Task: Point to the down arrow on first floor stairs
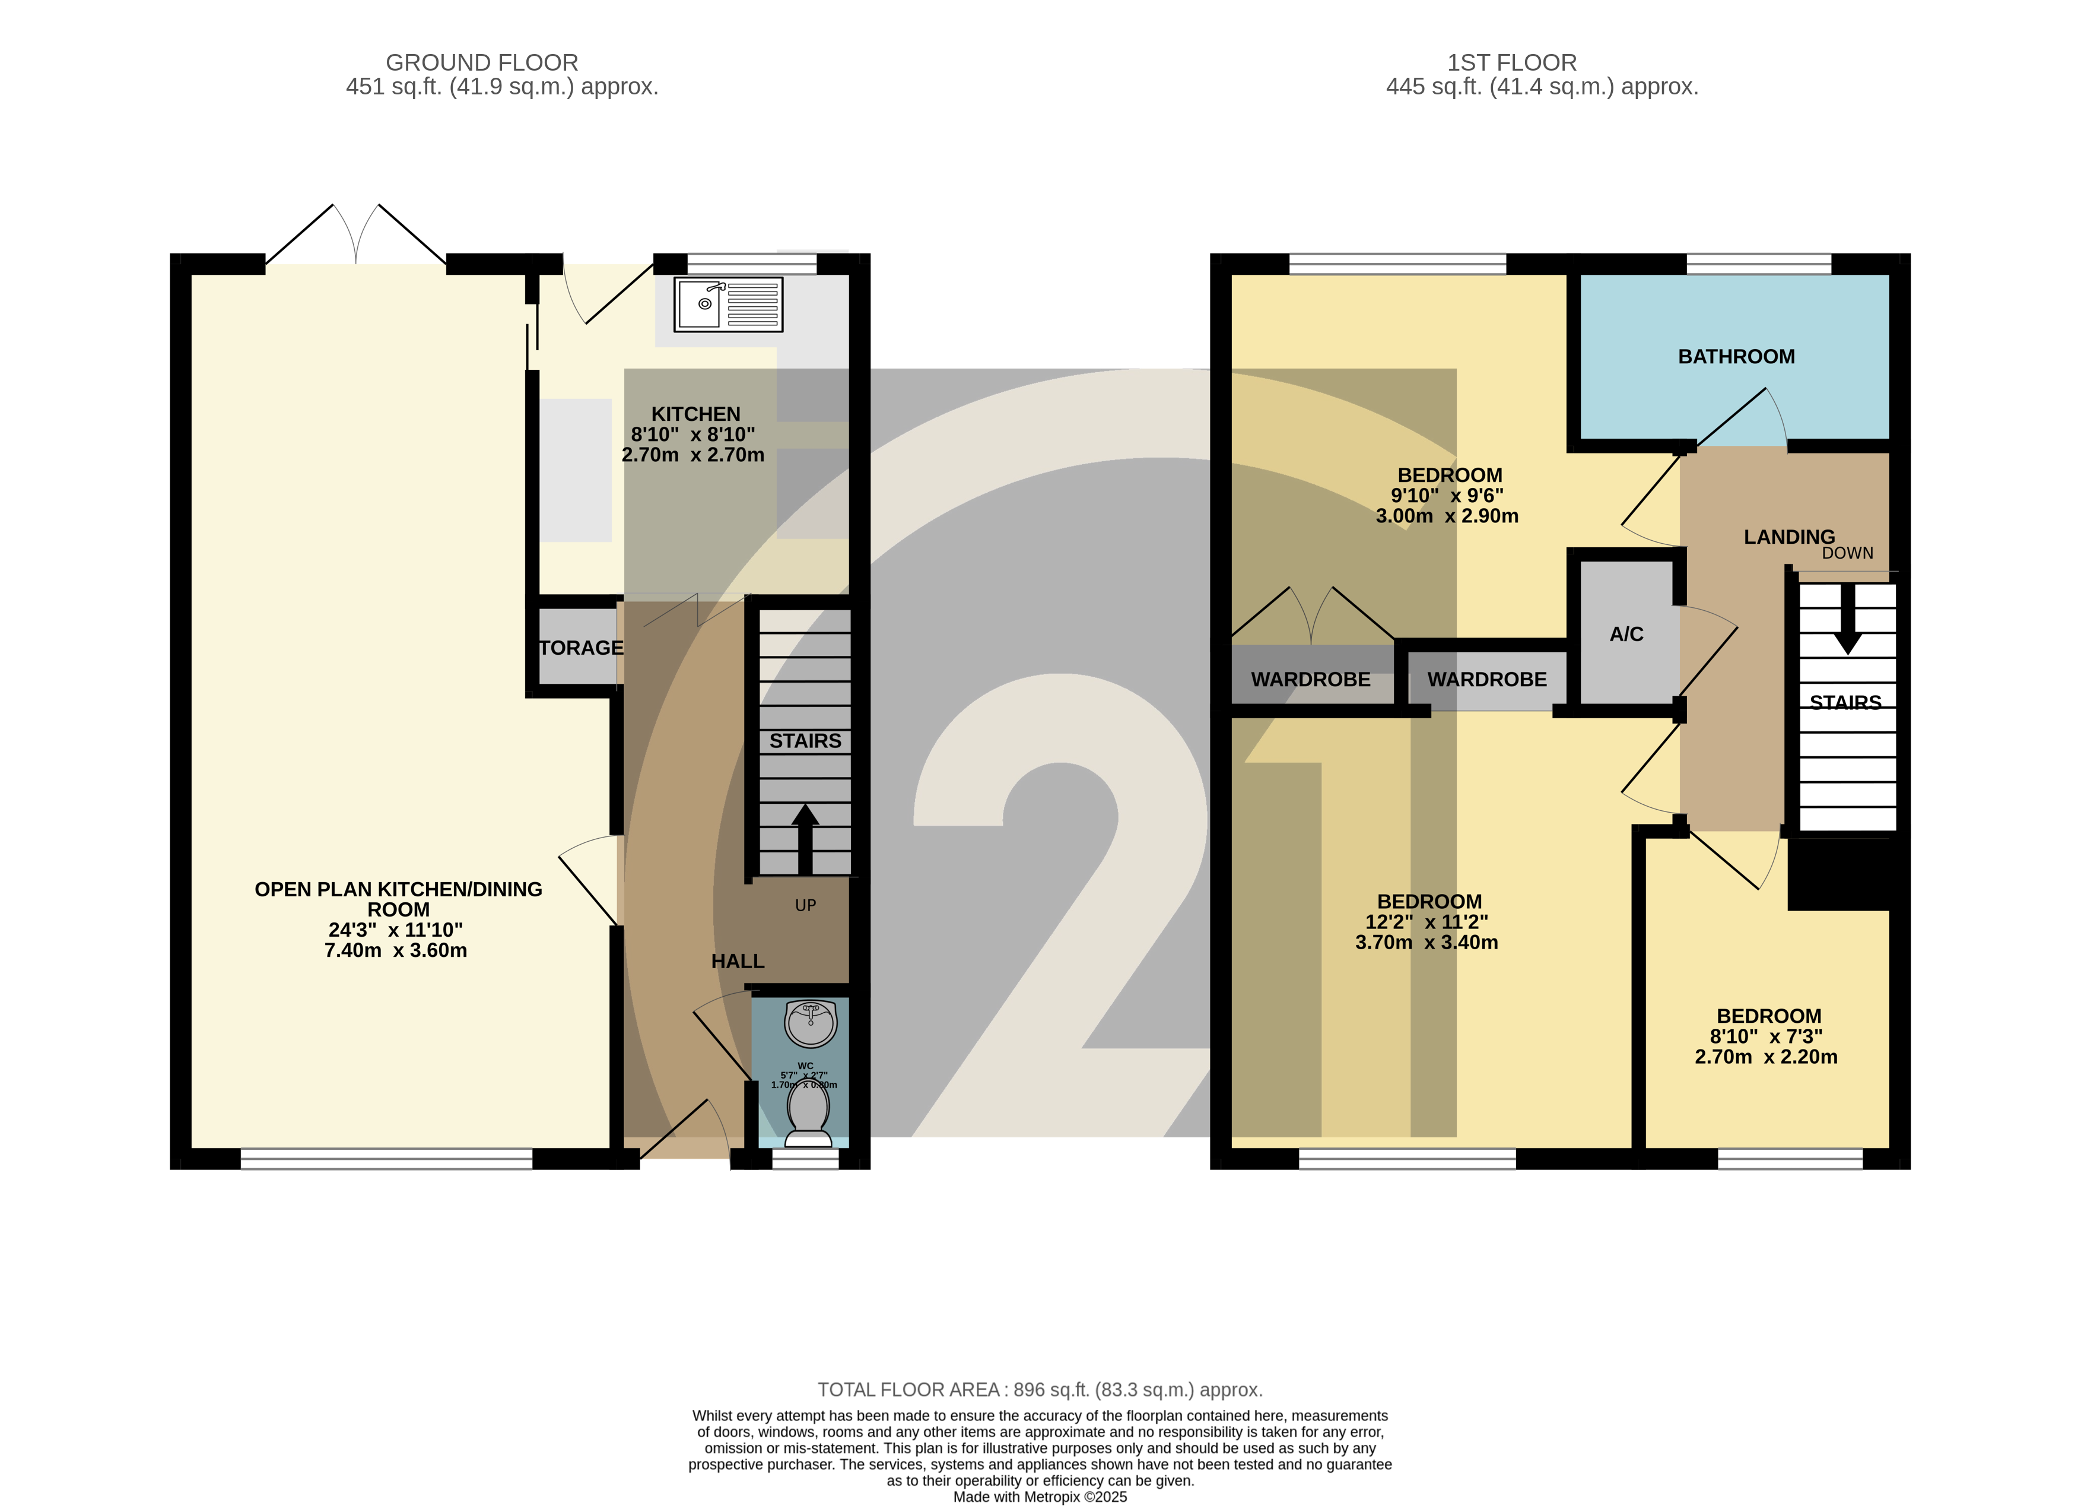coord(1847,620)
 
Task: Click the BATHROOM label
coord(1736,357)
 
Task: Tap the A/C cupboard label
coord(1626,634)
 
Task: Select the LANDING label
coord(1788,537)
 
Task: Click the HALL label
coord(737,961)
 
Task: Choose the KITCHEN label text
coord(695,414)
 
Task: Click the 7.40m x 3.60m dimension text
coord(395,951)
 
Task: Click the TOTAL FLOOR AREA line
coord(1040,1390)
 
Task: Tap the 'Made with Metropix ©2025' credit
coord(1040,1497)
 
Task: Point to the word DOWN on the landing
coord(1847,553)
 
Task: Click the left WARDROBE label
coord(1310,680)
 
